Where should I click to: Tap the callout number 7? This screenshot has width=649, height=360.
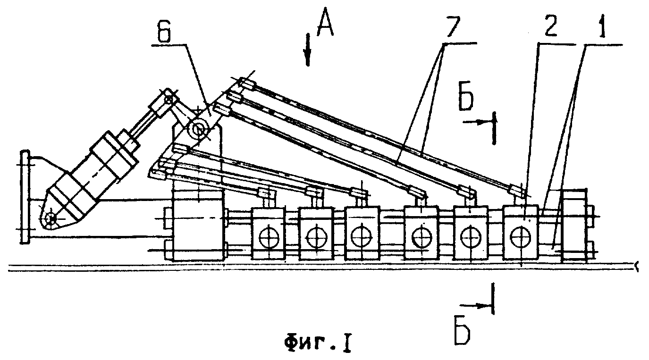[454, 26]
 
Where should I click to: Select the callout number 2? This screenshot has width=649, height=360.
[550, 26]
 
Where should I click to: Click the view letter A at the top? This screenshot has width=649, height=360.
[325, 25]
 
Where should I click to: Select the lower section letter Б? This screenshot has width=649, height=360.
[463, 332]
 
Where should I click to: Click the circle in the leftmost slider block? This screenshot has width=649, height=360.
[269, 237]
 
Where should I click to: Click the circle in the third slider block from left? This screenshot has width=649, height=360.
[361, 236]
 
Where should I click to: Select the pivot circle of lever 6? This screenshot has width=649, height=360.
[198, 128]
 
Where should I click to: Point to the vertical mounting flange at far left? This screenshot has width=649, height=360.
[25, 197]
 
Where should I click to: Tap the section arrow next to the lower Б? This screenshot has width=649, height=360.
[475, 305]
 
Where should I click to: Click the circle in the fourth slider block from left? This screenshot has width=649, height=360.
[422, 237]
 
